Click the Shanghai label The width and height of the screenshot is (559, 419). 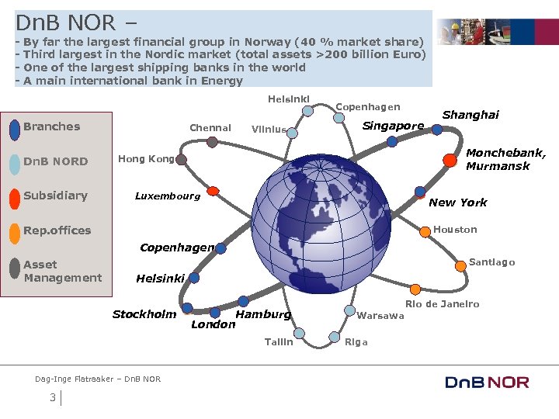(x=470, y=115)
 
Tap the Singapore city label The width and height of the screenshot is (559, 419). (x=394, y=126)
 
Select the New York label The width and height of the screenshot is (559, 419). (x=457, y=203)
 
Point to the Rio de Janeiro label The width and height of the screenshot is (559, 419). (x=442, y=304)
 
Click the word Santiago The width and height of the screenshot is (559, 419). (x=491, y=262)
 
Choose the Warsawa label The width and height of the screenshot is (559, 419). (x=380, y=316)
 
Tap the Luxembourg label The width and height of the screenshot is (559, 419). (x=167, y=196)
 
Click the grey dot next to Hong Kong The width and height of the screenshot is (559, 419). (x=181, y=160)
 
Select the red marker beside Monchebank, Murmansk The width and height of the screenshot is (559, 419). (x=450, y=161)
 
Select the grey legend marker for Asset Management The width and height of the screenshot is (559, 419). (x=14, y=267)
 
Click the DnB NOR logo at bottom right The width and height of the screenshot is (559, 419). (x=487, y=382)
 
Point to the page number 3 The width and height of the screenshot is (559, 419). (x=52, y=398)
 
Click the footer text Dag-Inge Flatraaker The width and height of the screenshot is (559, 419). (x=74, y=379)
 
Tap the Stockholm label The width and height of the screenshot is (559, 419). (x=144, y=314)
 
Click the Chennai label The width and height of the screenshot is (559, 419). (x=210, y=128)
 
